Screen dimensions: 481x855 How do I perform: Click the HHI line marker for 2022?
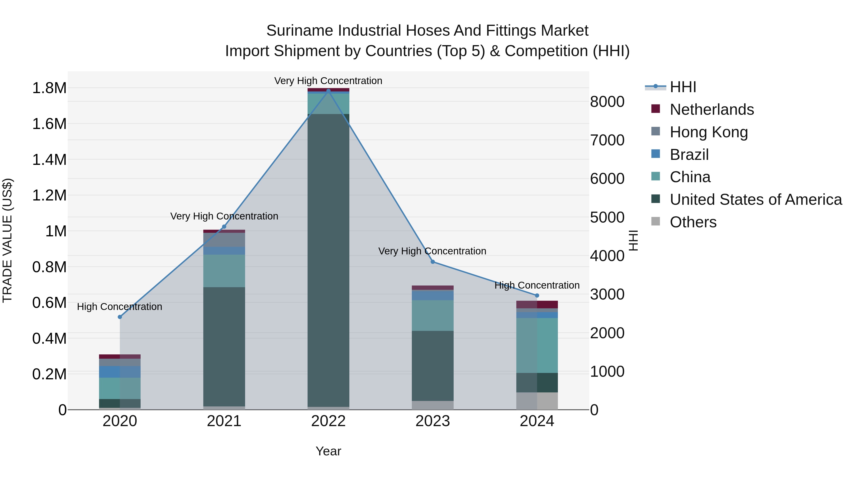[328, 91]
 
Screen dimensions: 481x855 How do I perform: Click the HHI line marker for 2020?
[120, 317]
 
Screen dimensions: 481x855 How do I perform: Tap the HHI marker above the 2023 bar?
[433, 262]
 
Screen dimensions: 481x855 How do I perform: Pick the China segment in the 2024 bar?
[537, 345]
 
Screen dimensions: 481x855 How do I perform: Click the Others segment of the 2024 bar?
[537, 401]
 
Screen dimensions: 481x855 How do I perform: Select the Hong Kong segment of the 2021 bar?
[224, 240]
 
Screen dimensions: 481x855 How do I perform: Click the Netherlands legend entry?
[711, 110]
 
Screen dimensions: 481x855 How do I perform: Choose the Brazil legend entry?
[689, 155]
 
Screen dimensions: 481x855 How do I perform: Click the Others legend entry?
[693, 222]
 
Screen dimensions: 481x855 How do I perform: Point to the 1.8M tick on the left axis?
[49, 88]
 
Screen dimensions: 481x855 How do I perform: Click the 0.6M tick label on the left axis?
[49, 303]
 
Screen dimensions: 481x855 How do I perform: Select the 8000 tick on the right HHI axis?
[607, 102]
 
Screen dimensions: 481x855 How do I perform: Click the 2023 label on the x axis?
[432, 421]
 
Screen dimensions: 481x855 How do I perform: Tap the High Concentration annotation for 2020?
[119, 306]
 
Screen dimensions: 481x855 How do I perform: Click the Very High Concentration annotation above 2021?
[224, 216]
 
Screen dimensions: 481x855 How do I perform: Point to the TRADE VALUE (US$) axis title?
[7, 240]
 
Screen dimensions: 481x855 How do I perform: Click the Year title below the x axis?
[328, 451]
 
